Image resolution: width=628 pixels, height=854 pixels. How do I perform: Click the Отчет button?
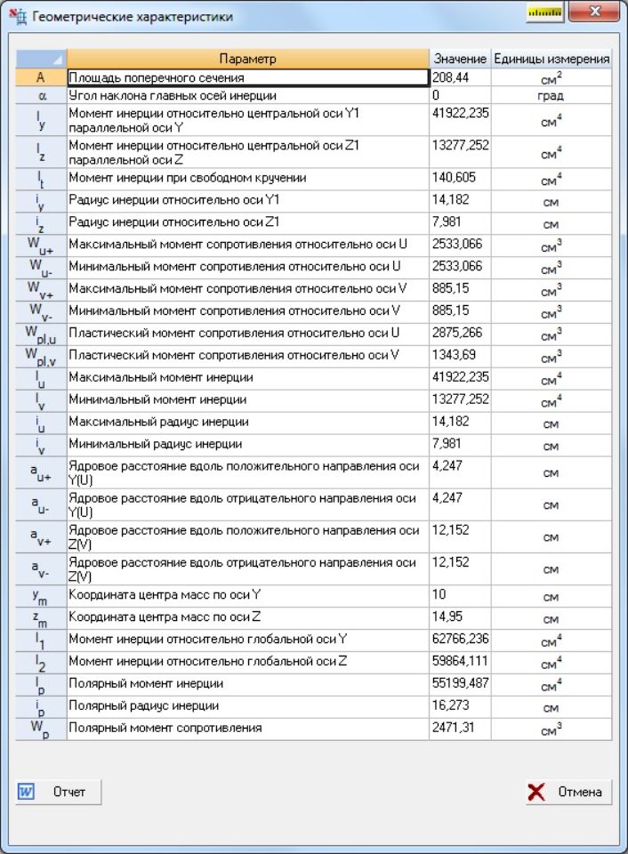pyautogui.click(x=59, y=792)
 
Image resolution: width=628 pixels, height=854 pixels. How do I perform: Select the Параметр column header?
pyautogui.click(x=247, y=59)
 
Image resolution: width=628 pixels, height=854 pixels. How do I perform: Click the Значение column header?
pyautogui.click(x=459, y=59)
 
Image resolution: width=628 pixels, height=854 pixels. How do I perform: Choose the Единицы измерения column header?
pyautogui.click(x=552, y=59)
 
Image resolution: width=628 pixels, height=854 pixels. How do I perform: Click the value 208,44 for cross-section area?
pyautogui.click(x=459, y=78)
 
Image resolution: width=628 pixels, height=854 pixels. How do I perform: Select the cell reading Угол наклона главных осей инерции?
pyautogui.click(x=247, y=95)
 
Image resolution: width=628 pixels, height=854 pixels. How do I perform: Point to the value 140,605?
pyautogui.click(x=459, y=178)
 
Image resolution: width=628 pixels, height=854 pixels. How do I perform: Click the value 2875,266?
pyautogui.click(x=459, y=333)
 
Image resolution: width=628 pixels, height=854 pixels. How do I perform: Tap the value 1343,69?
pyautogui.click(x=459, y=355)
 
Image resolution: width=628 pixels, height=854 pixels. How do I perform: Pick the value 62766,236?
pyautogui.click(x=459, y=639)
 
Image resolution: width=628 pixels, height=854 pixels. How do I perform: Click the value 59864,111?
pyautogui.click(x=459, y=661)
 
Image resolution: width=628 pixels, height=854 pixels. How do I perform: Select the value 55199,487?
pyautogui.click(x=459, y=683)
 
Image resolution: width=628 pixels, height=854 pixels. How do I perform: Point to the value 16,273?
pyautogui.click(x=459, y=705)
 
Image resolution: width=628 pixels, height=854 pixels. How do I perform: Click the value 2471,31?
pyautogui.click(x=459, y=728)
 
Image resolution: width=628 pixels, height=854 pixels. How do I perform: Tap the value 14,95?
pyautogui.click(x=459, y=616)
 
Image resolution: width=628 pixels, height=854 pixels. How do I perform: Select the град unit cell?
pyautogui.click(x=552, y=95)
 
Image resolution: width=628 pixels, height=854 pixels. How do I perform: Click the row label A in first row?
pyautogui.click(x=41, y=78)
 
